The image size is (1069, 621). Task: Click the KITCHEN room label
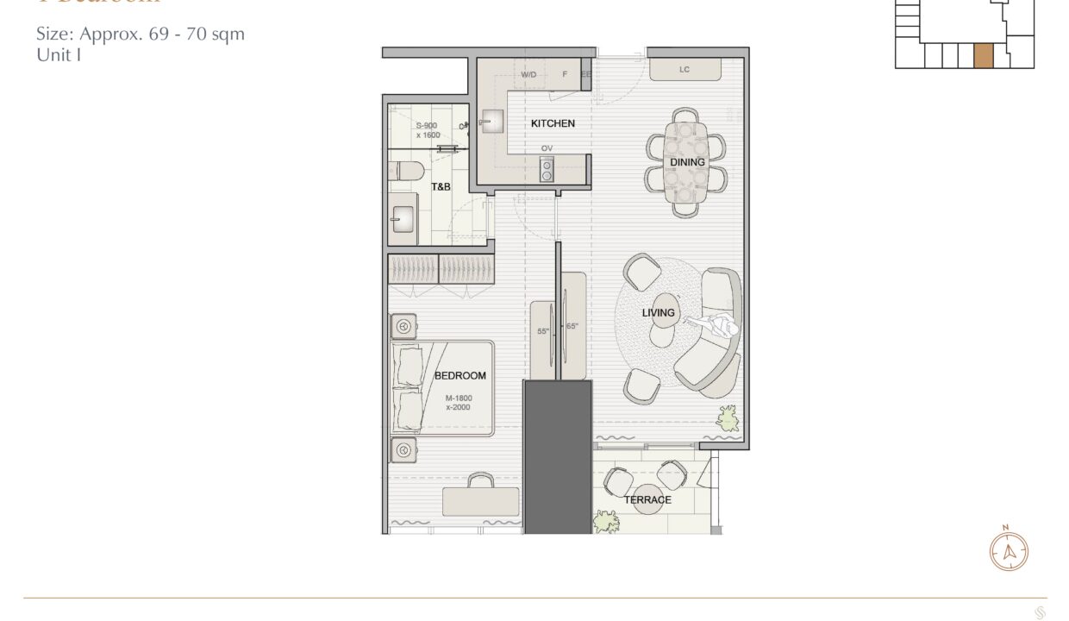(x=553, y=123)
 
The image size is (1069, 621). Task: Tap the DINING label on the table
(x=687, y=162)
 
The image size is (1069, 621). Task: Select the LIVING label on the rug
(x=658, y=312)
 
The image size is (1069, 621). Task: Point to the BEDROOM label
(x=459, y=375)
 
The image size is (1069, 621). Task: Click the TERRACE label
(x=647, y=499)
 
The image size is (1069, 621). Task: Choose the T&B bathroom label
(x=441, y=186)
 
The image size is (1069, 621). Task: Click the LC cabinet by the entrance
(x=685, y=69)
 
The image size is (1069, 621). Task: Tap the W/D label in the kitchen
(x=528, y=75)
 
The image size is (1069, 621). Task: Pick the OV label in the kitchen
(x=547, y=148)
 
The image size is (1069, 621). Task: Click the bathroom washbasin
(x=403, y=218)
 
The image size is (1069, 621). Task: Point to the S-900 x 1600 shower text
(x=428, y=130)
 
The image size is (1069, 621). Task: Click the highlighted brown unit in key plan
(x=983, y=56)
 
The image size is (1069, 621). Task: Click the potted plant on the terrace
(x=606, y=521)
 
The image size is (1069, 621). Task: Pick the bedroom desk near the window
(x=480, y=500)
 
